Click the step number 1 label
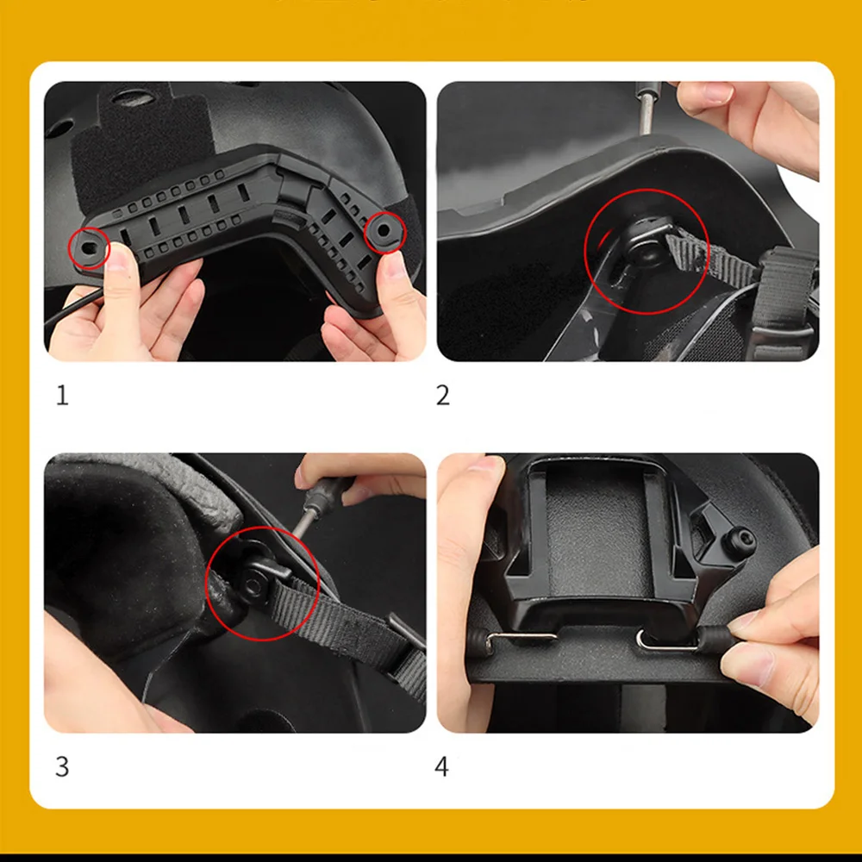point(62,396)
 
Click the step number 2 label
point(442,396)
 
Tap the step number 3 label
point(62,766)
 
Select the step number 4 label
point(441,766)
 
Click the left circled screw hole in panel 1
point(89,248)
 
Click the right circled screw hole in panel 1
point(384,230)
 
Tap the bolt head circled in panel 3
point(253,587)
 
